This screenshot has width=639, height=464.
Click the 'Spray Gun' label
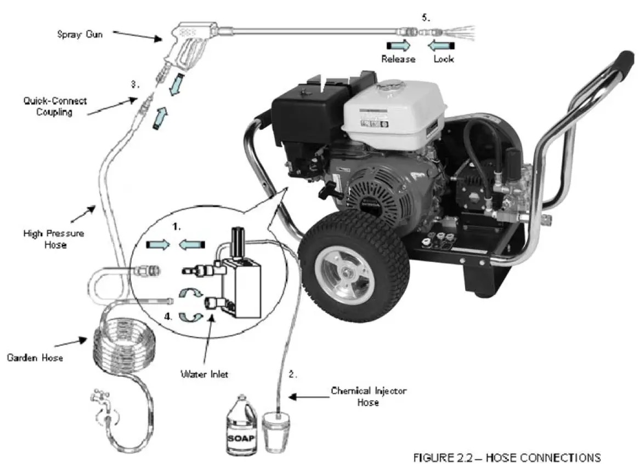click(80, 34)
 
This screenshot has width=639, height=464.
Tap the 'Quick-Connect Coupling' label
click(55, 106)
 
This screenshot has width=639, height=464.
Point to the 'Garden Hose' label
click(35, 358)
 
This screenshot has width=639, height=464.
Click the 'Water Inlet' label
click(204, 374)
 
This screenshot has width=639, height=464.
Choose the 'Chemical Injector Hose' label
click(369, 397)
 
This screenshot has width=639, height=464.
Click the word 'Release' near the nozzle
click(398, 59)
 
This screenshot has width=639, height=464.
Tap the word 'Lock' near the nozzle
click(443, 59)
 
